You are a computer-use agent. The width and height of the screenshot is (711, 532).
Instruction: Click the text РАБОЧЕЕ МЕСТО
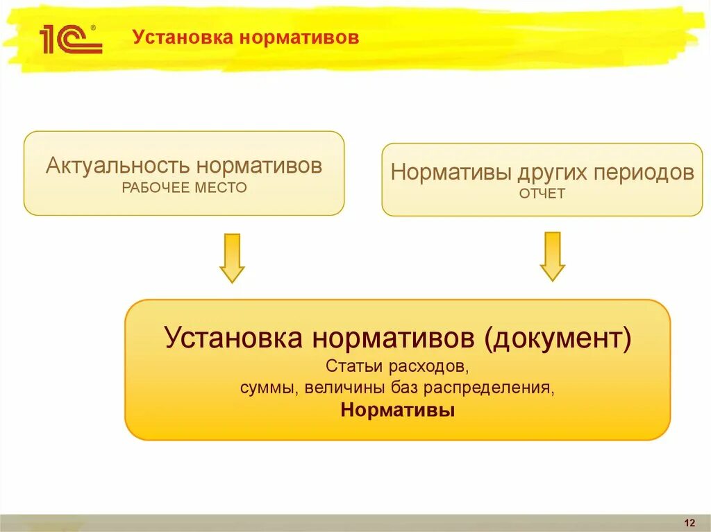point(184,187)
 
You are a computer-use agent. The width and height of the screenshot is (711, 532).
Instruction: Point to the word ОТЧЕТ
point(542,194)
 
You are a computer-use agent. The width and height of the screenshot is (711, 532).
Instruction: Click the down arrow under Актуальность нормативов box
point(232,257)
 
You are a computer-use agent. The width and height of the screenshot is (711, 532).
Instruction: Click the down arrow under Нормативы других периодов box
point(553,256)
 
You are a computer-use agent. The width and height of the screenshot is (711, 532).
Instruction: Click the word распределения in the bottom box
point(503,388)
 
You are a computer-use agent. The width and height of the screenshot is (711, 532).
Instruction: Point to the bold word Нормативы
point(398,410)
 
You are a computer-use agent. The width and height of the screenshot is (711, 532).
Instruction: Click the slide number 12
point(689,522)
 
